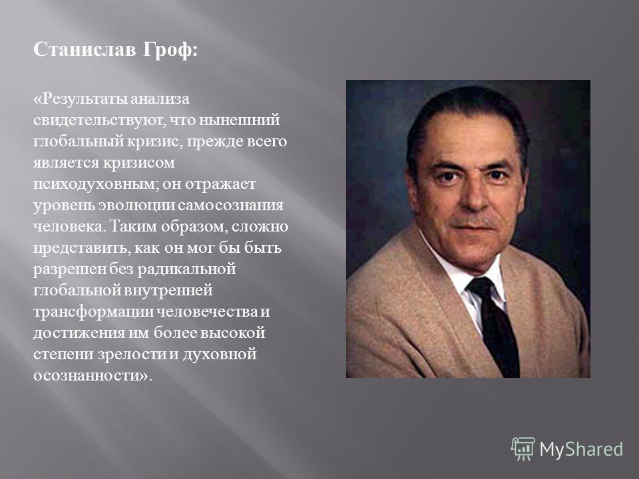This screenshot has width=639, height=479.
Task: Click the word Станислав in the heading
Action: tap(85, 50)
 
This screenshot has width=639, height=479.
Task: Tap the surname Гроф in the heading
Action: tap(168, 51)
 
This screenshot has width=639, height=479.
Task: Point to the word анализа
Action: tap(160, 99)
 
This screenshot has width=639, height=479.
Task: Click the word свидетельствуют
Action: tap(99, 120)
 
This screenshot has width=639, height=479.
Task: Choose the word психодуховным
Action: tap(96, 184)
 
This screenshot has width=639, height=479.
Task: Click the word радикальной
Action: tap(186, 269)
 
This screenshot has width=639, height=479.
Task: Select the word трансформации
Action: tap(94, 311)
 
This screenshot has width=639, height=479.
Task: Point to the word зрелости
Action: tap(132, 354)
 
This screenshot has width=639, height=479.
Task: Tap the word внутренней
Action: tap(168, 291)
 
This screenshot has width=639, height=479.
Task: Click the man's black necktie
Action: tap(495, 326)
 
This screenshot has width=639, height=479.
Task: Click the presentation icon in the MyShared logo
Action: tap(523, 449)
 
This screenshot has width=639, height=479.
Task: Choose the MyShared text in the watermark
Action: tap(581, 450)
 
